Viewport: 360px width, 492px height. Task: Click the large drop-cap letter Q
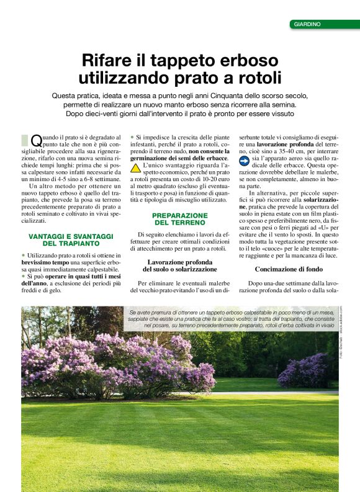(x=36, y=141)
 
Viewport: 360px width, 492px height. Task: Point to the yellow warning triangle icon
(x=135, y=168)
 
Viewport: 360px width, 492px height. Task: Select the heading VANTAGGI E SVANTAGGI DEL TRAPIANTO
(x=70, y=239)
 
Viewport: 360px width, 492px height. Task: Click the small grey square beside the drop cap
(x=24, y=140)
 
